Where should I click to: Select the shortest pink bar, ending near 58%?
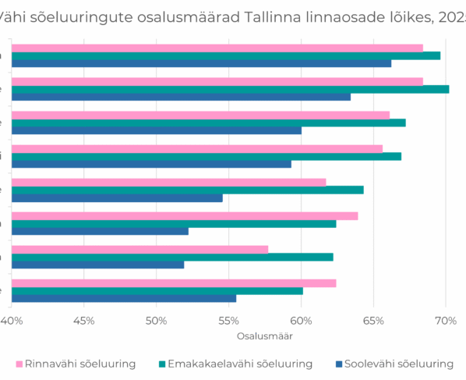coord(139,249)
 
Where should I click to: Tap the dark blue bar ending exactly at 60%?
coord(156,130)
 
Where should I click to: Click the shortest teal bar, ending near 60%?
coord(157,291)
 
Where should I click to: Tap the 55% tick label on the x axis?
coord(228,321)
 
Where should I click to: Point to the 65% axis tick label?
coord(373,321)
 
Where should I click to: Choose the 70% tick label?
coord(445,321)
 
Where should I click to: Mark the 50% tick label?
coord(156,321)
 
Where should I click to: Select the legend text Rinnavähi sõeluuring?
coord(80,363)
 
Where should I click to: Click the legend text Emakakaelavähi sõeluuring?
coord(240,363)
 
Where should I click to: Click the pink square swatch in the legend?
coord(19,364)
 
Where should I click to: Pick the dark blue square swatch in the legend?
coord(340,364)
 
